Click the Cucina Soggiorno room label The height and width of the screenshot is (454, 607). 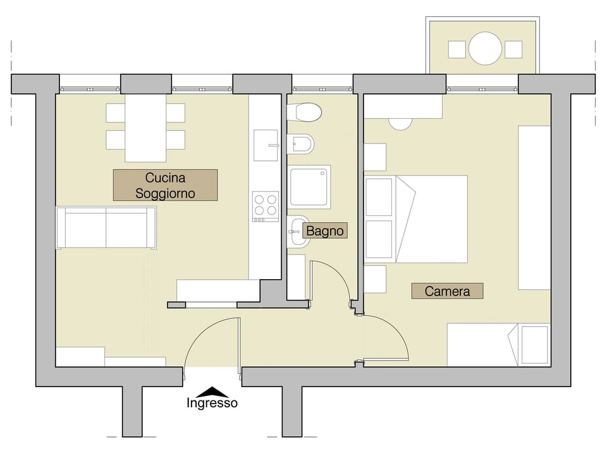[165, 185]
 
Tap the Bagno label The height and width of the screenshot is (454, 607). [325, 231]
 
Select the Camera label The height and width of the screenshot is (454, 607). [447, 291]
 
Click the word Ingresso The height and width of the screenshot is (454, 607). [212, 403]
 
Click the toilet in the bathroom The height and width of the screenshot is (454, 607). [305, 112]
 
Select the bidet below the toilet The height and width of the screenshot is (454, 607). [302, 144]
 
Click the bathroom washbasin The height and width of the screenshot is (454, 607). [298, 232]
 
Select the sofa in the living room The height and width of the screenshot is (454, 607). [106, 227]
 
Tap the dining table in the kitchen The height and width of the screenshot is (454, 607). [145, 128]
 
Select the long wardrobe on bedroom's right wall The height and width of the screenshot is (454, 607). [534, 207]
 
